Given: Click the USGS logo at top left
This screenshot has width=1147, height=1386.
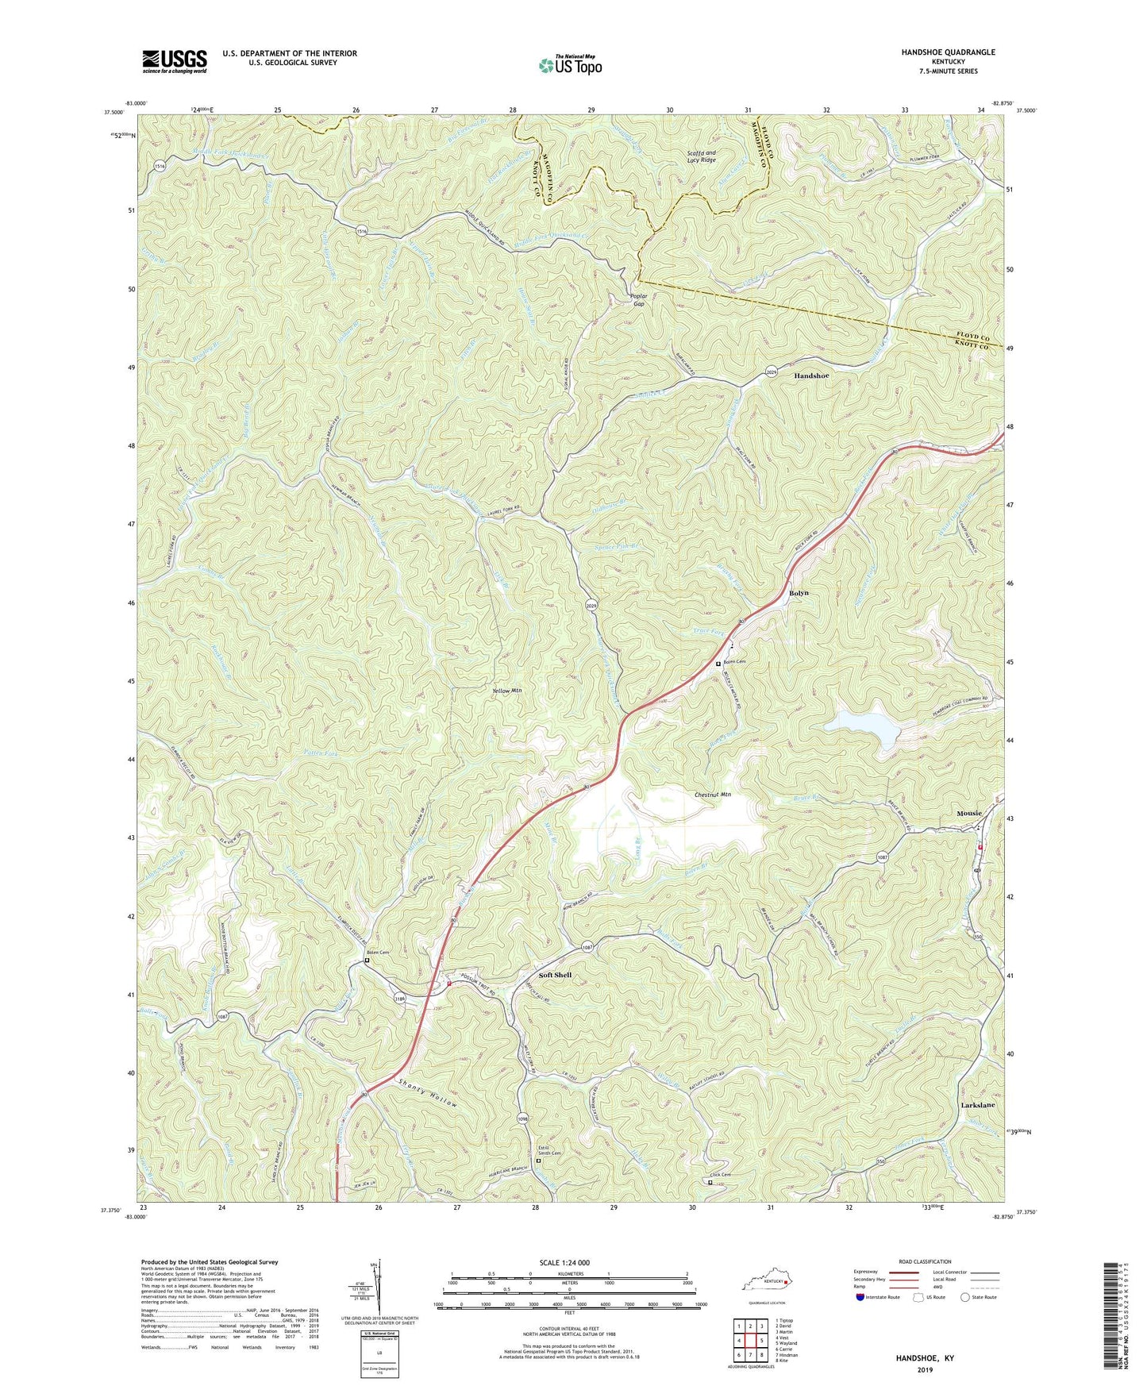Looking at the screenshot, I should [x=175, y=61].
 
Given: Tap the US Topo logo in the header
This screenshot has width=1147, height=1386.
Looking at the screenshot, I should [x=570, y=64].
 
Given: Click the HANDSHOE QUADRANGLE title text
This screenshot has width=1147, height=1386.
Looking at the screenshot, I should [x=947, y=52].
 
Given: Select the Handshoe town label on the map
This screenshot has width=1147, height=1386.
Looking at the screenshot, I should [x=817, y=377].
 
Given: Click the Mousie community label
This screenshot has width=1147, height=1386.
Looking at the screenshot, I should [x=968, y=813].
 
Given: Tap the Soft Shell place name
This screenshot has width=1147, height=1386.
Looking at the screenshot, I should [x=555, y=975].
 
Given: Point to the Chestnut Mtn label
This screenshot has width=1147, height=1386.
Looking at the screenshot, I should [x=712, y=794].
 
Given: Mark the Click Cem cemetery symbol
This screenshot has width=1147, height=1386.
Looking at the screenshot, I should [x=710, y=1182].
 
